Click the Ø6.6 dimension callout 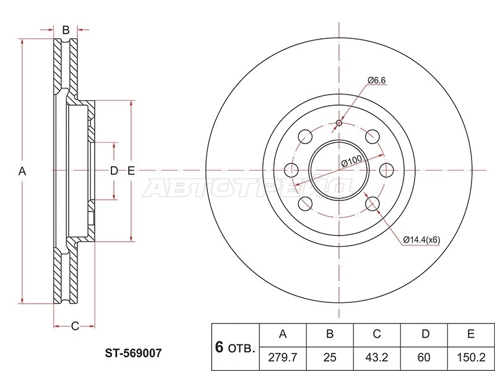click(x=377, y=80)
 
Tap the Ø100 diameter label click(x=351, y=161)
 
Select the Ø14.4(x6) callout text click(x=421, y=240)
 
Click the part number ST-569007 click(x=133, y=352)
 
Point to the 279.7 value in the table click(x=283, y=357)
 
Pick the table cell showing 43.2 click(x=377, y=357)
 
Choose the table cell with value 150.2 click(x=471, y=357)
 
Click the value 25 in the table click(x=330, y=357)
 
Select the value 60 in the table click(x=424, y=357)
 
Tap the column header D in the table click(x=426, y=333)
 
